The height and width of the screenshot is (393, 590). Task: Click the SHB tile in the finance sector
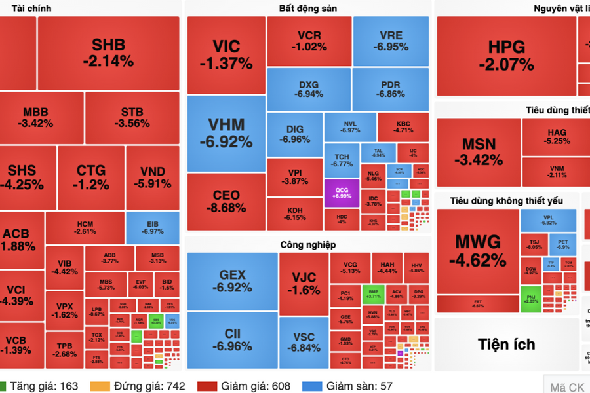pyautogui.click(x=108, y=53)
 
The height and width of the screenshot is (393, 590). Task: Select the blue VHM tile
pyautogui.click(x=226, y=133)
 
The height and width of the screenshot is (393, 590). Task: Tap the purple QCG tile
pyautogui.click(x=342, y=193)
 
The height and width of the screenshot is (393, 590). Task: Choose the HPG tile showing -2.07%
pyautogui.click(x=506, y=56)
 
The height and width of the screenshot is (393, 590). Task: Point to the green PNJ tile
pyautogui.click(x=530, y=299)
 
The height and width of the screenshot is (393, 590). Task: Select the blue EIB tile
pyautogui.click(x=152, y=227)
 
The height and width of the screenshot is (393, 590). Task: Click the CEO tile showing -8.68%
pyautogui.click(x=226, y=201)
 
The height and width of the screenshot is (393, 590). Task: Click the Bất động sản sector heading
pyautogui.click(x=308, y=9)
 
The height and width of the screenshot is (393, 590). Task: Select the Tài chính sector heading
pyautogui.click(x=26, y=9)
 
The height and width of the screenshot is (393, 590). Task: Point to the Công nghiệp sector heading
pyautogui.click(x=307, y=244)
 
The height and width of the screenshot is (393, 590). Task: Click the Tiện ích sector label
pyautogui.click(x=506, y=344)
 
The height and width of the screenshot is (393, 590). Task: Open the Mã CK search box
pyautogui.click(x=566, y=386)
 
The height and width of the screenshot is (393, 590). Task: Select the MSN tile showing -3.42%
pyautogui.click(x=479, y=151)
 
